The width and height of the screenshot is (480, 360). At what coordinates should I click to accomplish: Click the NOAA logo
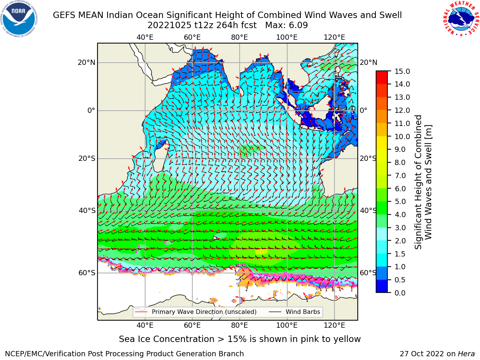pyautogui.click(x=19, y=19)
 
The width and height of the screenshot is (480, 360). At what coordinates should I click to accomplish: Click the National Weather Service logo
pyautogui.click(x=460, y=19)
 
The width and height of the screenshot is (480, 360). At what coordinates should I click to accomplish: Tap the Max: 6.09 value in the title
pyautogui.click(x=286, y=25)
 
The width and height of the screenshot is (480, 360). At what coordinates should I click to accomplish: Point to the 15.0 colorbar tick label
pyautogui.click(x=402, y=71)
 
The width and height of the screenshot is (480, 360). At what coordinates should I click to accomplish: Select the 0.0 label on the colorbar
pyautogui.click(x=400, y=293)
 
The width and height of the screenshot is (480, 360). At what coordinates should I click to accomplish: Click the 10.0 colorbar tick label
pyautogui.click(x=402, y=136)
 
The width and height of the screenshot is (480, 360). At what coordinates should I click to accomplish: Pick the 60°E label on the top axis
pyautogui.click(x=192, y=37)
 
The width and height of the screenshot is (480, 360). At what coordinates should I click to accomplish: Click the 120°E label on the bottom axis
pyautogui.click(x=334, y=325)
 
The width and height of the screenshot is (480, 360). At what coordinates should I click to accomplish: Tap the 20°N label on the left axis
pyautogui.click(x=87, y=63)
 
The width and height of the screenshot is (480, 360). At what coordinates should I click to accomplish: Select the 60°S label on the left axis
pyautogui.click(x=87, y=273)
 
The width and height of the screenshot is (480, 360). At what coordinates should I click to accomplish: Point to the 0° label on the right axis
pyautogui.click(x=363, y=110)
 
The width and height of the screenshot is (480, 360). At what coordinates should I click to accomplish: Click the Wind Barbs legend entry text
pyautogui.click(x=303, y=312)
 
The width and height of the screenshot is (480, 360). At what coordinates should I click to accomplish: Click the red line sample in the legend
pyautogui.click(x=141, y=312)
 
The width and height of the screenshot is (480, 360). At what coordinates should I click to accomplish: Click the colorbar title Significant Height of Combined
pyautogui.click(x=418, y=182)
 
